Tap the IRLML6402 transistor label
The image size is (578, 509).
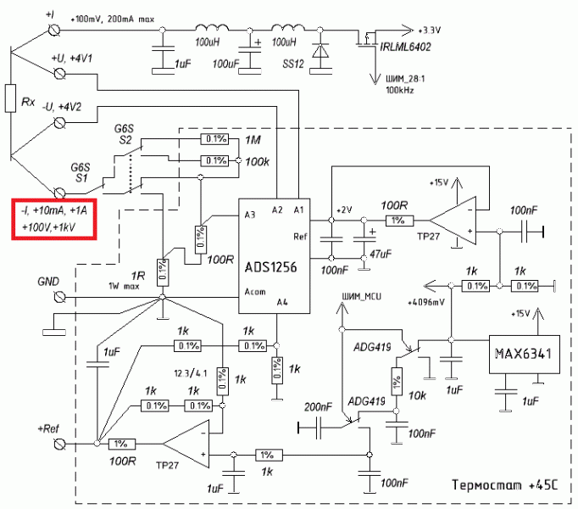(x=402, y=47)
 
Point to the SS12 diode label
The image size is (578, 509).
(x=293, y=64)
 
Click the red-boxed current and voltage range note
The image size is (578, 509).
(x=54, y=217)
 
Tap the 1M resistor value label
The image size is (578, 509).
(x=253, y=139)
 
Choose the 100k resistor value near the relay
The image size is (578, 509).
(x=257, y=160)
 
